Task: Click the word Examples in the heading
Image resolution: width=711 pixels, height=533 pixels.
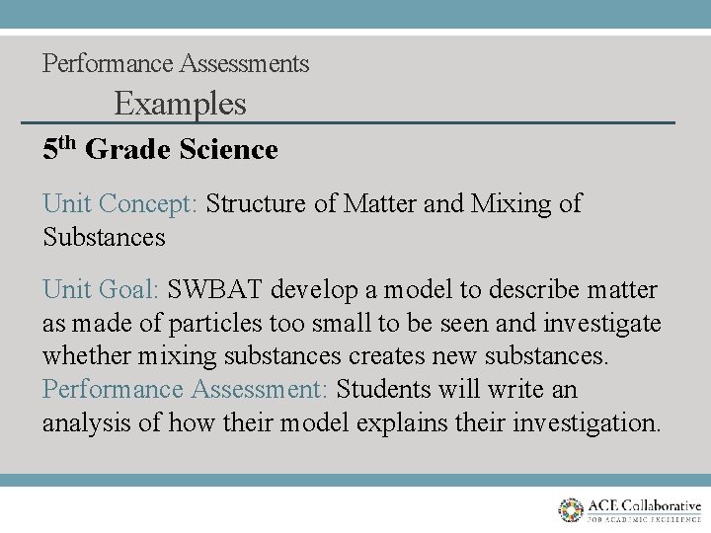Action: (x=180, y=104)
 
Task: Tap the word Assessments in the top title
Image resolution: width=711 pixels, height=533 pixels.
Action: (x=244, y=64)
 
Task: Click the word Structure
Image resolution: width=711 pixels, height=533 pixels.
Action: (x=257, y=204)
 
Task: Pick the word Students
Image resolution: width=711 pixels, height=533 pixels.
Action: (x=381, y=390)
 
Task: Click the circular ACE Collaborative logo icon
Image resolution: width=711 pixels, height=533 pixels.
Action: (x=571, y=509)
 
